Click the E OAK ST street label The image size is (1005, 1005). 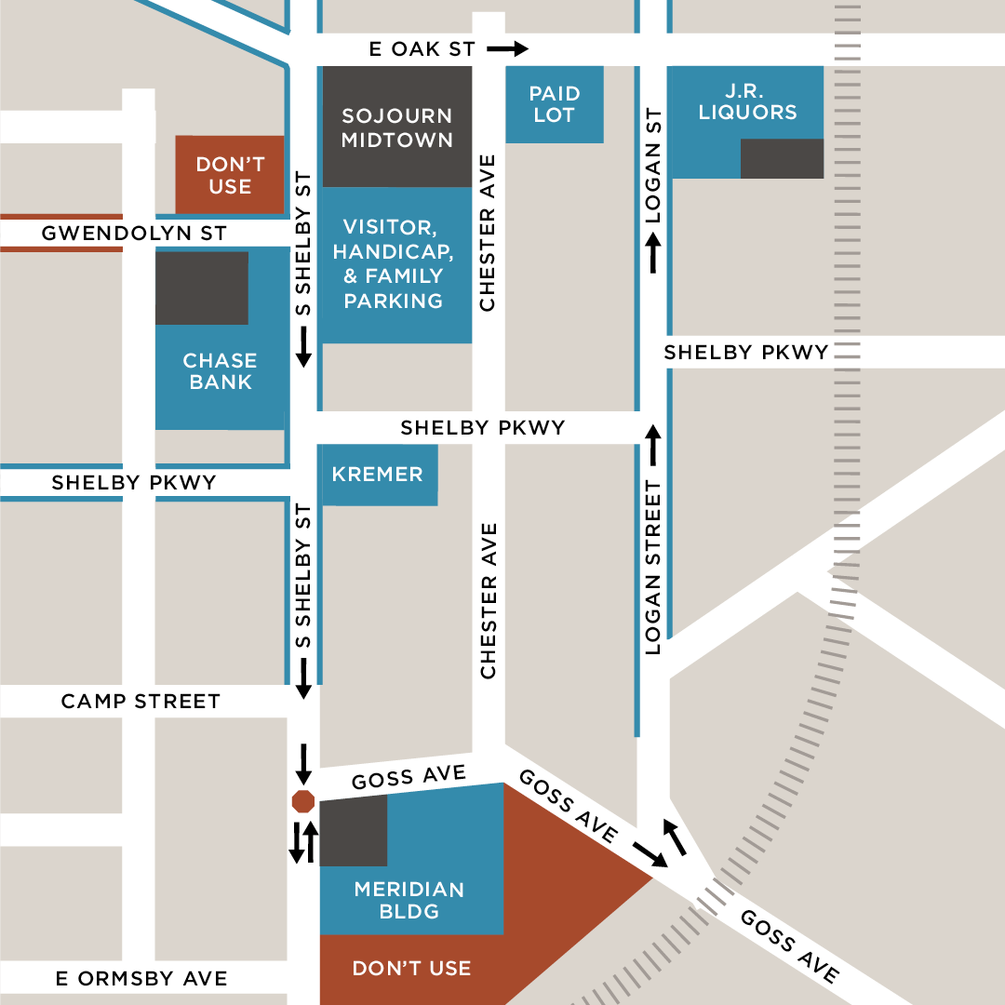click(x=422, y=49)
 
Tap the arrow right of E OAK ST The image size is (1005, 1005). click(x=507, y=48)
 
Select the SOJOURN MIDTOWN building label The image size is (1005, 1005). click(x=396, y=127)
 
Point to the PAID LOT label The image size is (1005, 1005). click(x=554, y=104)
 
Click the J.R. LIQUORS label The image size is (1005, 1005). click(x=747, y=101)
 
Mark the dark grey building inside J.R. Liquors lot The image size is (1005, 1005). click(x=782, y=158)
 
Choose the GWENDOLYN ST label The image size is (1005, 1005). click(x=134, y=233)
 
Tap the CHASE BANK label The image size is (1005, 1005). click(x=220, y=370)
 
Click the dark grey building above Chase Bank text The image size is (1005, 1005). click(x=202, y=288)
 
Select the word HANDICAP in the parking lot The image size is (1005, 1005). click(x=393, y=252)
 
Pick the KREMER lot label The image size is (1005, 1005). click(x=377, y=475)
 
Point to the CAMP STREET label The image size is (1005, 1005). click(x=141, y=701)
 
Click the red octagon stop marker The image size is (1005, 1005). click(x=303, y=801)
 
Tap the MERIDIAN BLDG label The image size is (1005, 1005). click(x=409, y=900)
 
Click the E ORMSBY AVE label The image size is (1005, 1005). click(x=141, y=978)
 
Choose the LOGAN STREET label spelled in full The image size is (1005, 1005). click(x=652, y=568)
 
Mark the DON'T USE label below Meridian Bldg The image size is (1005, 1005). click(x=411, y=969)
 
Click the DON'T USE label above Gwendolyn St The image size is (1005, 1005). click(x=230, y=175)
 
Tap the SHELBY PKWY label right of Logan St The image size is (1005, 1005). click(x=745, y=352)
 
